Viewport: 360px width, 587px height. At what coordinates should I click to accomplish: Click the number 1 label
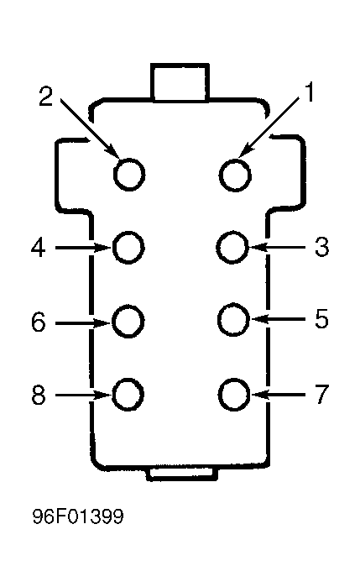(x=309, y=92)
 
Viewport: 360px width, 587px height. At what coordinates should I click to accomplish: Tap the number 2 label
(x=45, y=97)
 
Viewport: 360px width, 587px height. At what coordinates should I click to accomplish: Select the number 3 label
(x=321, y=247)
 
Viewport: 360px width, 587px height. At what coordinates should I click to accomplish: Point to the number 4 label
(x=38, y=247)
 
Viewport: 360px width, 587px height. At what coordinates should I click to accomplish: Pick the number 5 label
(x=321, y=319)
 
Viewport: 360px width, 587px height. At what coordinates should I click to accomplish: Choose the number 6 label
(x=38, y=322)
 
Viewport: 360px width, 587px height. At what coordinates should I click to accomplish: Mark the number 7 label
(x=322, y=394)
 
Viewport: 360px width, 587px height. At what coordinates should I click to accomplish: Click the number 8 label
(x=38, y=395)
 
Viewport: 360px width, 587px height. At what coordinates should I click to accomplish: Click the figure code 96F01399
(x=78, y=516)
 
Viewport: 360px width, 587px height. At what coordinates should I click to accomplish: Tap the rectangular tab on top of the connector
(x=180, y=82)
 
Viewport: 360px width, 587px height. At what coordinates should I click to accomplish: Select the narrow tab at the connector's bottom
(x=182, y=473)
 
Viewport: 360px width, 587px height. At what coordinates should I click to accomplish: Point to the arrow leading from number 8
(x=83, y=395)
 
